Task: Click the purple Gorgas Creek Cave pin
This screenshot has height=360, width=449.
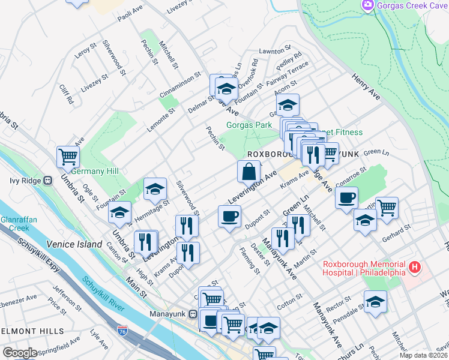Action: click(x=368, y=5)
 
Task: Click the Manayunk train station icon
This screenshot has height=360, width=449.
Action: click(x=193, y=314)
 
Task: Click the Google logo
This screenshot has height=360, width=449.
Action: click(x=20, y=353)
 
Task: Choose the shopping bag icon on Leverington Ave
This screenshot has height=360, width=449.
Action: click(x=249, y=172)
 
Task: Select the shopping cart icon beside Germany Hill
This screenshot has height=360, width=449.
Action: click(x=68, y=157)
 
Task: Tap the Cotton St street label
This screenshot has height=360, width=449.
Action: click(x=290, y=298)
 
